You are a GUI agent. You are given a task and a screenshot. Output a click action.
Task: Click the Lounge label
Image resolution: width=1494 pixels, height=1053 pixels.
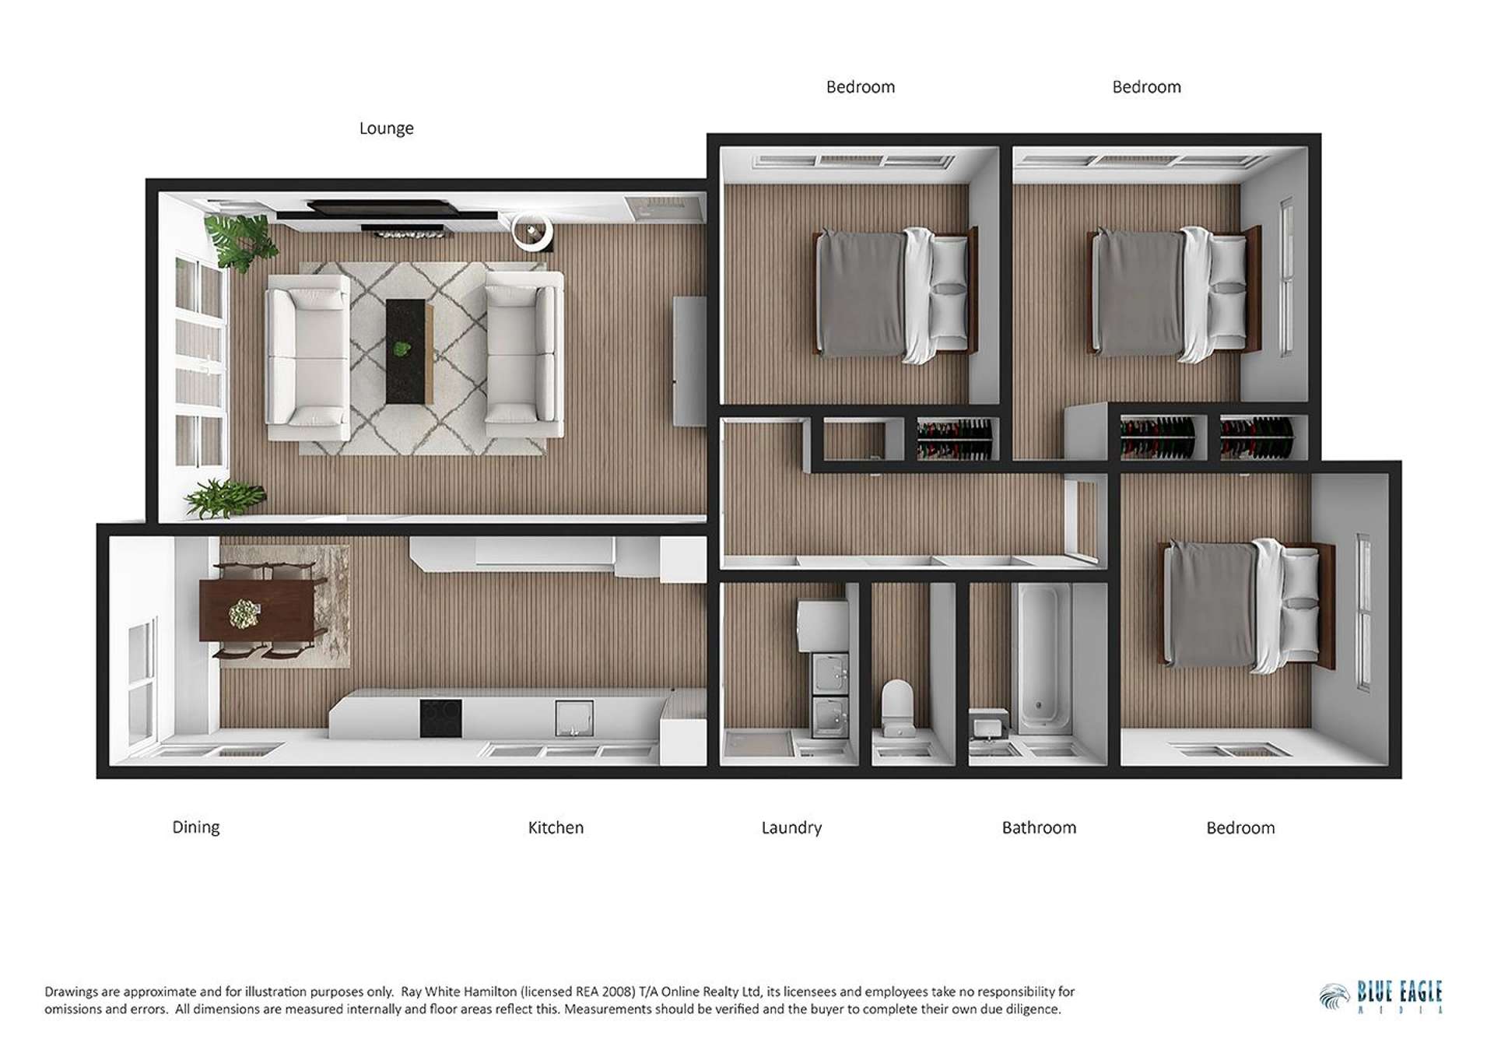pyautogui.click(x=386, y=128)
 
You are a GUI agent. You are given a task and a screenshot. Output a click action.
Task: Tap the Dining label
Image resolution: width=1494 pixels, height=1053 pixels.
pyautogui.click(x=195, y=827)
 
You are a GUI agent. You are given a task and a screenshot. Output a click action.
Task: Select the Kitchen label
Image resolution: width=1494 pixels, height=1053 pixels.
pyautogui.click(x=556, y=828)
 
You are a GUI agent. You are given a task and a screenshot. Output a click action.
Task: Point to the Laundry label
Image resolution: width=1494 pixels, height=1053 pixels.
pyautogui.click(x=791, y=828)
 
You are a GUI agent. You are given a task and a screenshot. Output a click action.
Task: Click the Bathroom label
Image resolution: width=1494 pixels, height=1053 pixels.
pyautogui.click(x=1039, y=828)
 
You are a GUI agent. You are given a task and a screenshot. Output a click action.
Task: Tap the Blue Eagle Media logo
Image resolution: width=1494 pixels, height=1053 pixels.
pyautogui.click(x=1381, y=996)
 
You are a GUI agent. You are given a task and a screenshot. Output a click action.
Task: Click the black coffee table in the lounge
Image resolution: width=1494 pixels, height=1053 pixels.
pyautogui.click(x=409, y=351)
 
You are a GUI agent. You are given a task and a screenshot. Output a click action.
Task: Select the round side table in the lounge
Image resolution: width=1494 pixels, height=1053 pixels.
pyautogui.click(x=532, y=231)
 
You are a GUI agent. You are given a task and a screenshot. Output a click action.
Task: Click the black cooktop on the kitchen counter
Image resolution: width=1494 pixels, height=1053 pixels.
pyautogui.click(x=440, y=718)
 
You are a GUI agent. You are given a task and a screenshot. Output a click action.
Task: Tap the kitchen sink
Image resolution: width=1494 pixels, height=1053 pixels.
pyautogui.click(x=574, y=718)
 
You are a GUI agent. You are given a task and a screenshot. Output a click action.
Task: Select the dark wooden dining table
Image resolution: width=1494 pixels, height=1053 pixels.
pyautogui.click(x=257, y=611)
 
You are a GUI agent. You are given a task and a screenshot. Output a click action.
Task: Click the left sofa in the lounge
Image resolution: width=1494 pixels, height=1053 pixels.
pyautogui.click(x=308, y=357)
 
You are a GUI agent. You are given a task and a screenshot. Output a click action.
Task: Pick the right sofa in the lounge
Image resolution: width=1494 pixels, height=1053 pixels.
pyautogui.click(x=524, y=353)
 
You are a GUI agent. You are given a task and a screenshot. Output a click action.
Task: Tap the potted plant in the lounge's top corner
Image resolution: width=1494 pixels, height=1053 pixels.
pyautogui.click(x=240, y=240)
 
